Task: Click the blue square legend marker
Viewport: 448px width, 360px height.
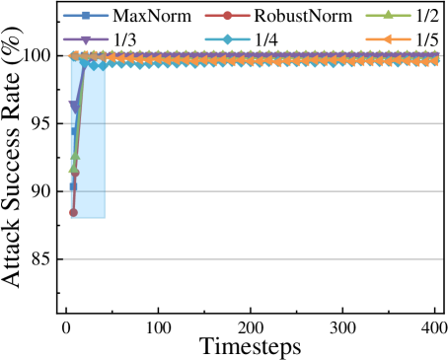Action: (86, 16)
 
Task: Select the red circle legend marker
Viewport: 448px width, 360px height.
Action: (227, 16)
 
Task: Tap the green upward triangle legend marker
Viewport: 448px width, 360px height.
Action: (388, 16)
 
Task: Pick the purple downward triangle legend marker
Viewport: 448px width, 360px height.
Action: (86, 39)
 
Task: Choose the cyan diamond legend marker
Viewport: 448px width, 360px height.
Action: (227, 39)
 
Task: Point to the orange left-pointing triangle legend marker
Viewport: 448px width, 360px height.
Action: (388, 39)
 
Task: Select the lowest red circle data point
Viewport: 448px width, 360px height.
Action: (73, 212)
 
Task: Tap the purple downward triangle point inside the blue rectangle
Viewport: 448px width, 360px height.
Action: (74, 106)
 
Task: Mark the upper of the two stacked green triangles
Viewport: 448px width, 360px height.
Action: (75, 156)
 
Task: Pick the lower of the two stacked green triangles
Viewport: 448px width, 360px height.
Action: (73, 170)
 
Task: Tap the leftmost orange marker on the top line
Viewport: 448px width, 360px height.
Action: (74, 56)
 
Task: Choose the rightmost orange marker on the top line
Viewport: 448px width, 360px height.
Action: (433, 57)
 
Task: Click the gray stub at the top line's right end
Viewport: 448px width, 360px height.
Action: (440, 56)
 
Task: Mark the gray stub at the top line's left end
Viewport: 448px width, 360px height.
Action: (66, 56)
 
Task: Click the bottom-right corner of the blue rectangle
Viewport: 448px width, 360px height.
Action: (105, 217)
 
